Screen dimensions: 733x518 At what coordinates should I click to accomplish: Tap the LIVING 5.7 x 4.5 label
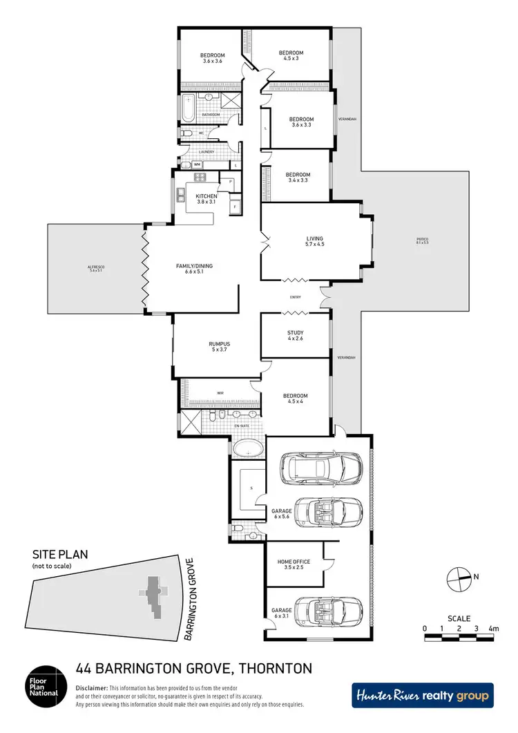click(x=315, y=242)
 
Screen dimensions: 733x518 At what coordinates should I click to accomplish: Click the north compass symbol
click(x=457, y=576)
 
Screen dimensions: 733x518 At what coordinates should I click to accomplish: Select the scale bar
click(x=459, y=629)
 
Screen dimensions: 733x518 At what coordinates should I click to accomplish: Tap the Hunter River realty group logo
click(x=423, y=696)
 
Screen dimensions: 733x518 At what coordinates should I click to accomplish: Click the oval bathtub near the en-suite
click(x=247, y=449)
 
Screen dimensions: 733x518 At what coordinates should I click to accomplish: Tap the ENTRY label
click(x=295, y=298)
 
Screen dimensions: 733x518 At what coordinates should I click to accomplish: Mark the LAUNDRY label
click(x=207, y=152)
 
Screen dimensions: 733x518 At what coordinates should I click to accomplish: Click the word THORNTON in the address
click(x=276, y=668)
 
